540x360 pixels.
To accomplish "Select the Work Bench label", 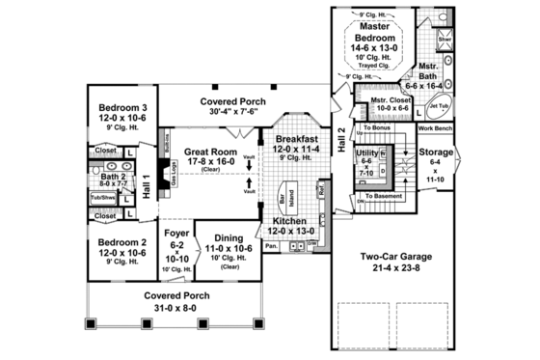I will pos(435,126).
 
